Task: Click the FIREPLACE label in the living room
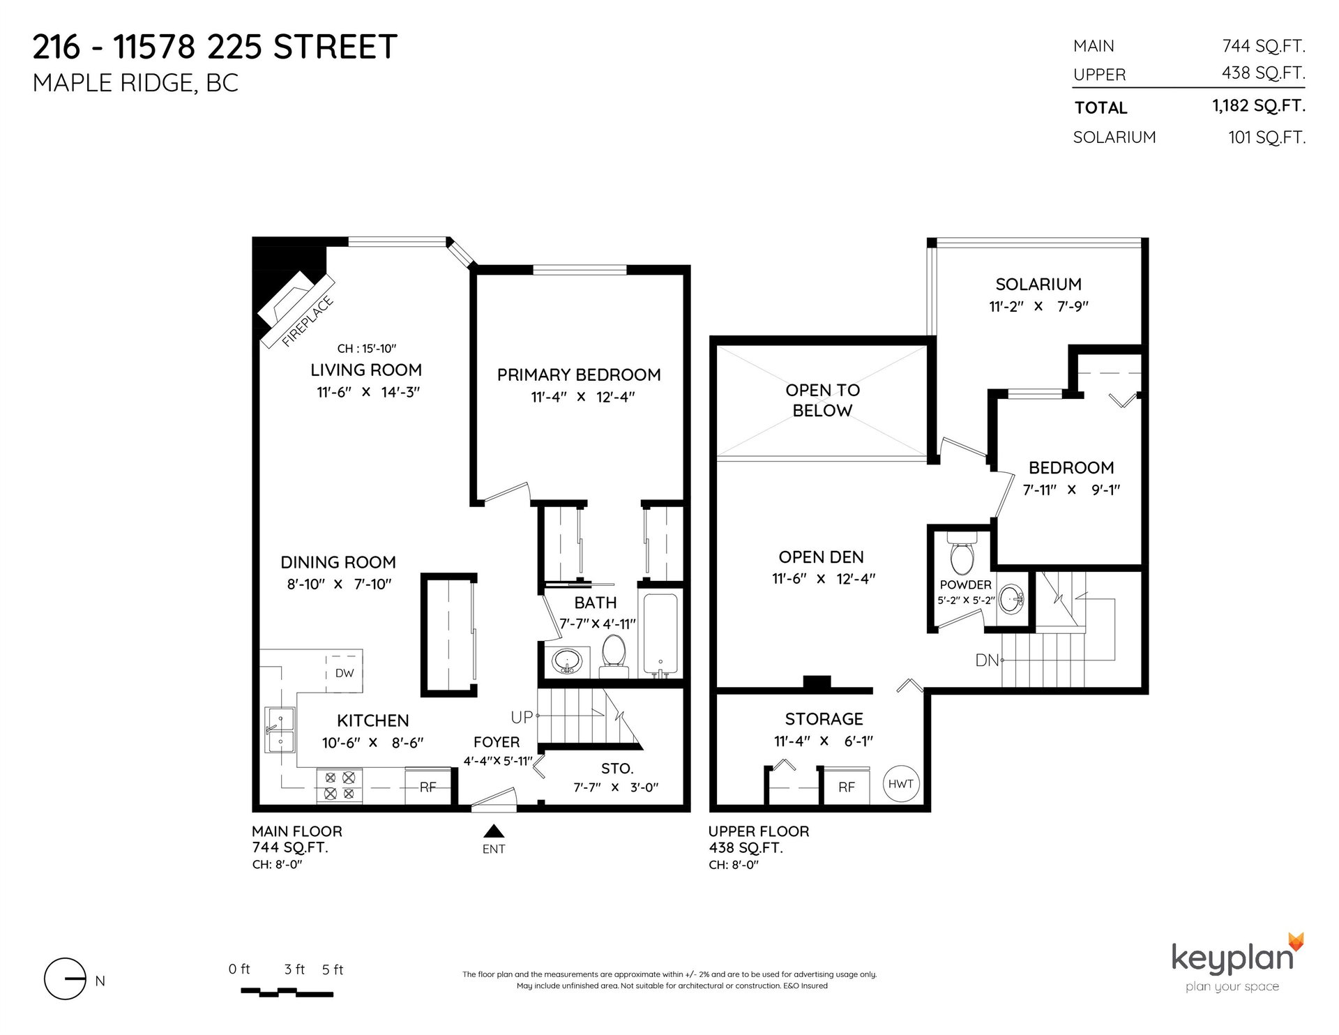tap(308, 322)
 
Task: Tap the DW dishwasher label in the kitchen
tap(345, 673)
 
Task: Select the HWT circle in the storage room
tap(900, 783)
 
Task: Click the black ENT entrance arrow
tap(494, 830)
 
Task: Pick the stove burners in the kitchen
tap(340, 785)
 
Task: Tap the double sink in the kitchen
tap(280, 739)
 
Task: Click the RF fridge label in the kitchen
tap(428, 787)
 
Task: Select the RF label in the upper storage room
tap(847, 787)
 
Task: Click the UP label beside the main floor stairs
tap(522, 716)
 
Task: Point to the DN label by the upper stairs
tap(988, 660)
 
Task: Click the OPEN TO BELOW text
tap(823, 400)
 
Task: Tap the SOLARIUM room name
tap(1038, 284)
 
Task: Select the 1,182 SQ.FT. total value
tap(1259, 106)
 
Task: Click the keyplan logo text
tap(1232, 958)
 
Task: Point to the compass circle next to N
tap(65, 980)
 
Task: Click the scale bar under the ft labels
tap(287, 991)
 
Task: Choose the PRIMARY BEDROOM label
tap(579, 375)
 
